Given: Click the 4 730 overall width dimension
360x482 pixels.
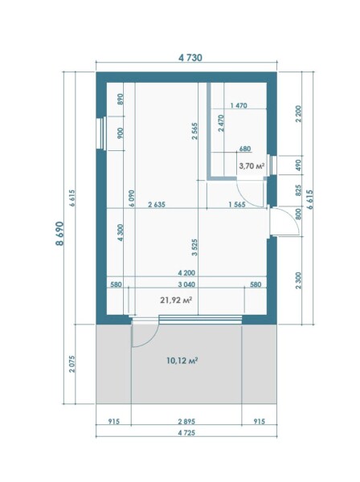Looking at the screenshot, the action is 190,58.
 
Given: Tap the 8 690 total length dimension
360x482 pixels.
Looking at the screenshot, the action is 59,233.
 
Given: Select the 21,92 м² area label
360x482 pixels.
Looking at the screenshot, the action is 176,300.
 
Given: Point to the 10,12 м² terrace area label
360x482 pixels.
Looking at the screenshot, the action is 182,360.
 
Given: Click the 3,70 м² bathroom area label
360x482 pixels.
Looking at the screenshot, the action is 252,166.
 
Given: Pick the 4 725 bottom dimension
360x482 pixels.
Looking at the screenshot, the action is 186,433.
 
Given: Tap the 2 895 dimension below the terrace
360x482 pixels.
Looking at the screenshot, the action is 186,422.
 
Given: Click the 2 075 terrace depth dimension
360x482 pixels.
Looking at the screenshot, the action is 72,364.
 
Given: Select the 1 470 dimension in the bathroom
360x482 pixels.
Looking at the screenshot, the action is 239,105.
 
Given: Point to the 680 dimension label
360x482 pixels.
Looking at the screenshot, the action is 245,149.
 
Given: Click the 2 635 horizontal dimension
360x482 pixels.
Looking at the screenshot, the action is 157,204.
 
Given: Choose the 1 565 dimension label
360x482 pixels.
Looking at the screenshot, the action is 237,204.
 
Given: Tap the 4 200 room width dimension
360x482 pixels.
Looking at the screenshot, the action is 186,273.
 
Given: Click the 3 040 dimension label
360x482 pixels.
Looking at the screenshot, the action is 186,284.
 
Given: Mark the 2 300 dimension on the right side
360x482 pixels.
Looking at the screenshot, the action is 298,280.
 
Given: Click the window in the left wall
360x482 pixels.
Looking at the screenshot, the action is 101,133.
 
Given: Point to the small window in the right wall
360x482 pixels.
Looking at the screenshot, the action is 272,165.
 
